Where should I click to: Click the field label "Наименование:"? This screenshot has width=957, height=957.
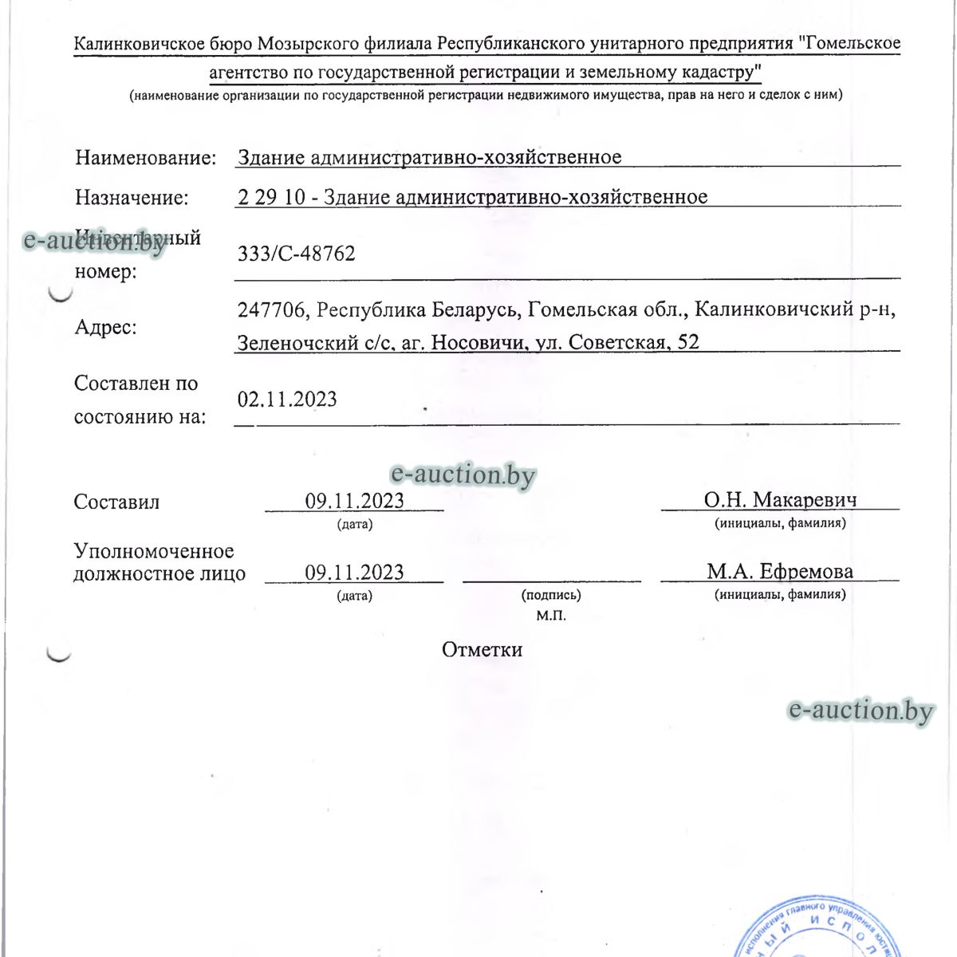(146, 157)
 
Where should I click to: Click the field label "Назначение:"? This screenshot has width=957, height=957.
(132, 197)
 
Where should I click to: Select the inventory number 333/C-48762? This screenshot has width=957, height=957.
(297, 254)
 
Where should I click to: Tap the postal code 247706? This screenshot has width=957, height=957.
(271, 309)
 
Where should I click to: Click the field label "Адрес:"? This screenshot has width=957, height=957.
(106, 327)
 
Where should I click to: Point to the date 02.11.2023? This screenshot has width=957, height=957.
(287, 399)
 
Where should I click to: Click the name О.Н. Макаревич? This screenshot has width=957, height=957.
(780, 500)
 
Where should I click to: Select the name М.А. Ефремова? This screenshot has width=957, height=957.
(779, 571)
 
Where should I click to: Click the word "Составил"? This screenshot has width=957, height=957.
(116, 502)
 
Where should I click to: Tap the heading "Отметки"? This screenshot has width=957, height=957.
(482, 649)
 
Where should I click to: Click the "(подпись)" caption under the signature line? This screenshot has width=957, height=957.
(551, 595)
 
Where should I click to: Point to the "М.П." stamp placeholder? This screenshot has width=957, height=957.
(551, 616)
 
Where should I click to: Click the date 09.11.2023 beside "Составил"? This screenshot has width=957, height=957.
(354, 501)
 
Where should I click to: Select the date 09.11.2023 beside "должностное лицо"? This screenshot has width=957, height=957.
(354, 572)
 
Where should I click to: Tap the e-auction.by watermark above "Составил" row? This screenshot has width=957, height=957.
(463, 475)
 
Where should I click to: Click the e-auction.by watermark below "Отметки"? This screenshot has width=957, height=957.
(860, 710)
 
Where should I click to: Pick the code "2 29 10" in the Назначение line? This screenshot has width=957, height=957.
(271, 197)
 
